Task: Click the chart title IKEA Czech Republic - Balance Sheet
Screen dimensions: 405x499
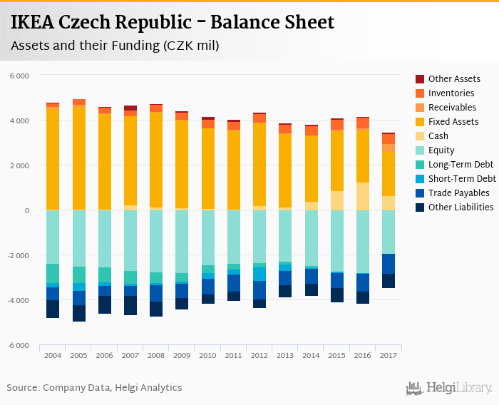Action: coord(172,23)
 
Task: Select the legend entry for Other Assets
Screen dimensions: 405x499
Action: coord(453,79)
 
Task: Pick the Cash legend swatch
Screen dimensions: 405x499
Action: coord(421,136)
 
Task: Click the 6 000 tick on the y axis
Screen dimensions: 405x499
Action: coord(19,75)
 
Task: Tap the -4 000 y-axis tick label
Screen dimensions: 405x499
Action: coord(18,300)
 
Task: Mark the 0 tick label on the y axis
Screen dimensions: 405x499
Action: coord(26,210)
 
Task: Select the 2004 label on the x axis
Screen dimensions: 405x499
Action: coord(53,354)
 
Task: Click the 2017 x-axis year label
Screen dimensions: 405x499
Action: coord(389,354)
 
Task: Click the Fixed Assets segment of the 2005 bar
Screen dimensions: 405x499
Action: coord(78,157)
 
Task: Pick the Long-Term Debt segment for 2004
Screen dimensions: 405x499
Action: coord(53,273)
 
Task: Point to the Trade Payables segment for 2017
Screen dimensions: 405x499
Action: coord(389,264)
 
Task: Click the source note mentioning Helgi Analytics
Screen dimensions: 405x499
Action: coord(94,388)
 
